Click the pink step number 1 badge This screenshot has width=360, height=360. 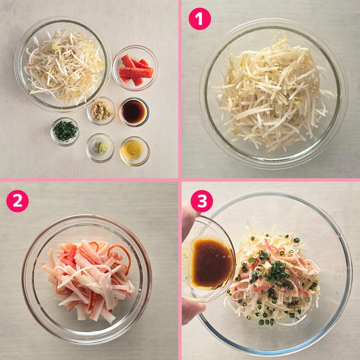tap(199, 19)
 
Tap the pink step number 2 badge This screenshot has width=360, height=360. tap(17, 201)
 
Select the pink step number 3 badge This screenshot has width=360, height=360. tap(201, 201)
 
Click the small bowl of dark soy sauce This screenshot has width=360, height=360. tap(134, 112)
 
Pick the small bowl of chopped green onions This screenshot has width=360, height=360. tap(65, 131)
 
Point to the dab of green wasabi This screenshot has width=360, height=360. tap(101, 147)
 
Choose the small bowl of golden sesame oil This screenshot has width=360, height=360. tap(134, 151)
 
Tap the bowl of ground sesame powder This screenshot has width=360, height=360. tap(101, 111)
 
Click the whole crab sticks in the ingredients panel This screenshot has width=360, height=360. tap(135, 69)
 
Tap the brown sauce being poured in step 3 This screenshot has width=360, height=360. tap(211, 263)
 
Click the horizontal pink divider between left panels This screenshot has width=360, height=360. tap(89, 180)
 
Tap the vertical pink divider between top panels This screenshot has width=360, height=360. tap(180, 89)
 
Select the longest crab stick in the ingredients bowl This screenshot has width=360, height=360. tap(135, 72)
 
